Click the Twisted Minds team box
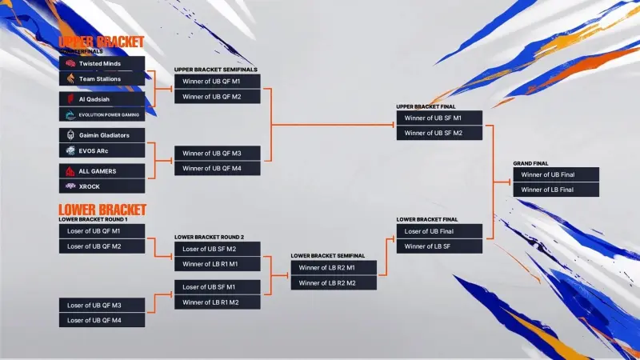pyautogui.click(x=102, y=63)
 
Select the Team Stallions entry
pyautogui.click(x=102, y=78)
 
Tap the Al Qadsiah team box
pyautogui.click(x=102, y=99)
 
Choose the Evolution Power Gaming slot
pyautogui.click(x=102, y=114)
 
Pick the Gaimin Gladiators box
pyautogui.click(x=102, y=135)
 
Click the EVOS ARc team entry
pyautogui.click(x=102, y=150)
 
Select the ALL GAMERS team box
pyautogui.click(x=102, y=171)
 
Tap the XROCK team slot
pyautogui.click(x=102, y=186)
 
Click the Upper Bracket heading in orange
pyautogui.click(x=102, y=42)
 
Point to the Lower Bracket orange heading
pyautogui.click(x=102, y=210)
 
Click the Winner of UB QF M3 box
pyautogui.click(x=218, y=153)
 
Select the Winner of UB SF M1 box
pyautogui.click(x=439, y=118)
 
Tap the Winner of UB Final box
pyautogui.click(x=555, y=174)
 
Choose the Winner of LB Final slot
pyautogui.click(x=555, y=190)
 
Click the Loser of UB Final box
pyautogui.click(x=439, y=231)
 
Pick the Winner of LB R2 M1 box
pyautogui.click(x=334, y=267)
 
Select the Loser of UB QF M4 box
pyautogui.click(x=102, y=320)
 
